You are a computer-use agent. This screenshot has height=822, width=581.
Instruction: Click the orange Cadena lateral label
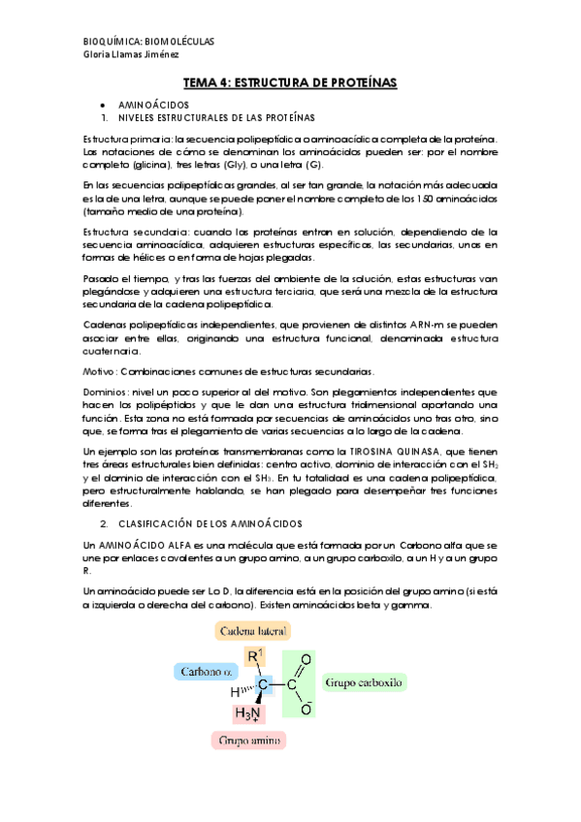251,631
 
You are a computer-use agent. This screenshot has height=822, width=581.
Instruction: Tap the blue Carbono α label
204,670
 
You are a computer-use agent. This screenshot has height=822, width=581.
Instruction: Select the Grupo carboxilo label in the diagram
364,682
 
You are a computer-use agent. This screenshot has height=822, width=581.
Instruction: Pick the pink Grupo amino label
250,741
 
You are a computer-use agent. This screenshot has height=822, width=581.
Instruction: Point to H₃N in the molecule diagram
247,712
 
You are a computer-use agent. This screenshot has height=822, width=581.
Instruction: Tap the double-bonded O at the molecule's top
306,660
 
